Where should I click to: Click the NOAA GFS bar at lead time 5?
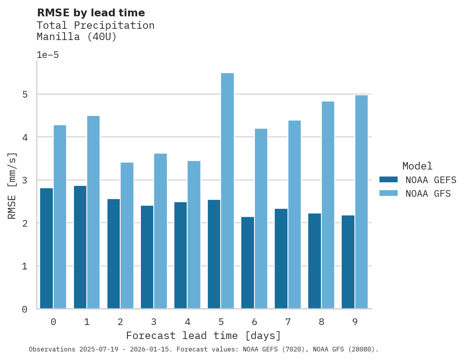(x=227, y=191)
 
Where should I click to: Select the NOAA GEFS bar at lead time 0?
(x=46, y=248)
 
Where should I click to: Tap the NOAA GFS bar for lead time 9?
(x=361, y=202)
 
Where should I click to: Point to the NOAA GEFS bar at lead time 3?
(x=147, y=257)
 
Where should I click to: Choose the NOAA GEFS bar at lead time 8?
(x=314, y=261)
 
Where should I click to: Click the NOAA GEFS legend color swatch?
(x=388, y=180)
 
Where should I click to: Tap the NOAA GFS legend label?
(x=428, y=194)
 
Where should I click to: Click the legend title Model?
(x=417, y=166)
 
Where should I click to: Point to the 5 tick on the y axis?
(x=25, y=94)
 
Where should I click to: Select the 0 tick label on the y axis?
(x=25, y=309)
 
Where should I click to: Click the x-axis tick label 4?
(x=187, y=322)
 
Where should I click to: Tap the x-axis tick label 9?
(x=355, y=322)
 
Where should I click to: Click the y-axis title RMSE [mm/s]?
(x=12, y=185)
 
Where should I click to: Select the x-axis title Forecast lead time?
(x=203, y=336)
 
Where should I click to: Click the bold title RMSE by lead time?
(x=91, y=13)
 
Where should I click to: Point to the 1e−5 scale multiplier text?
(x=47, y=55)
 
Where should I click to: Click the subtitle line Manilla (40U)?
(x=76, y=37)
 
